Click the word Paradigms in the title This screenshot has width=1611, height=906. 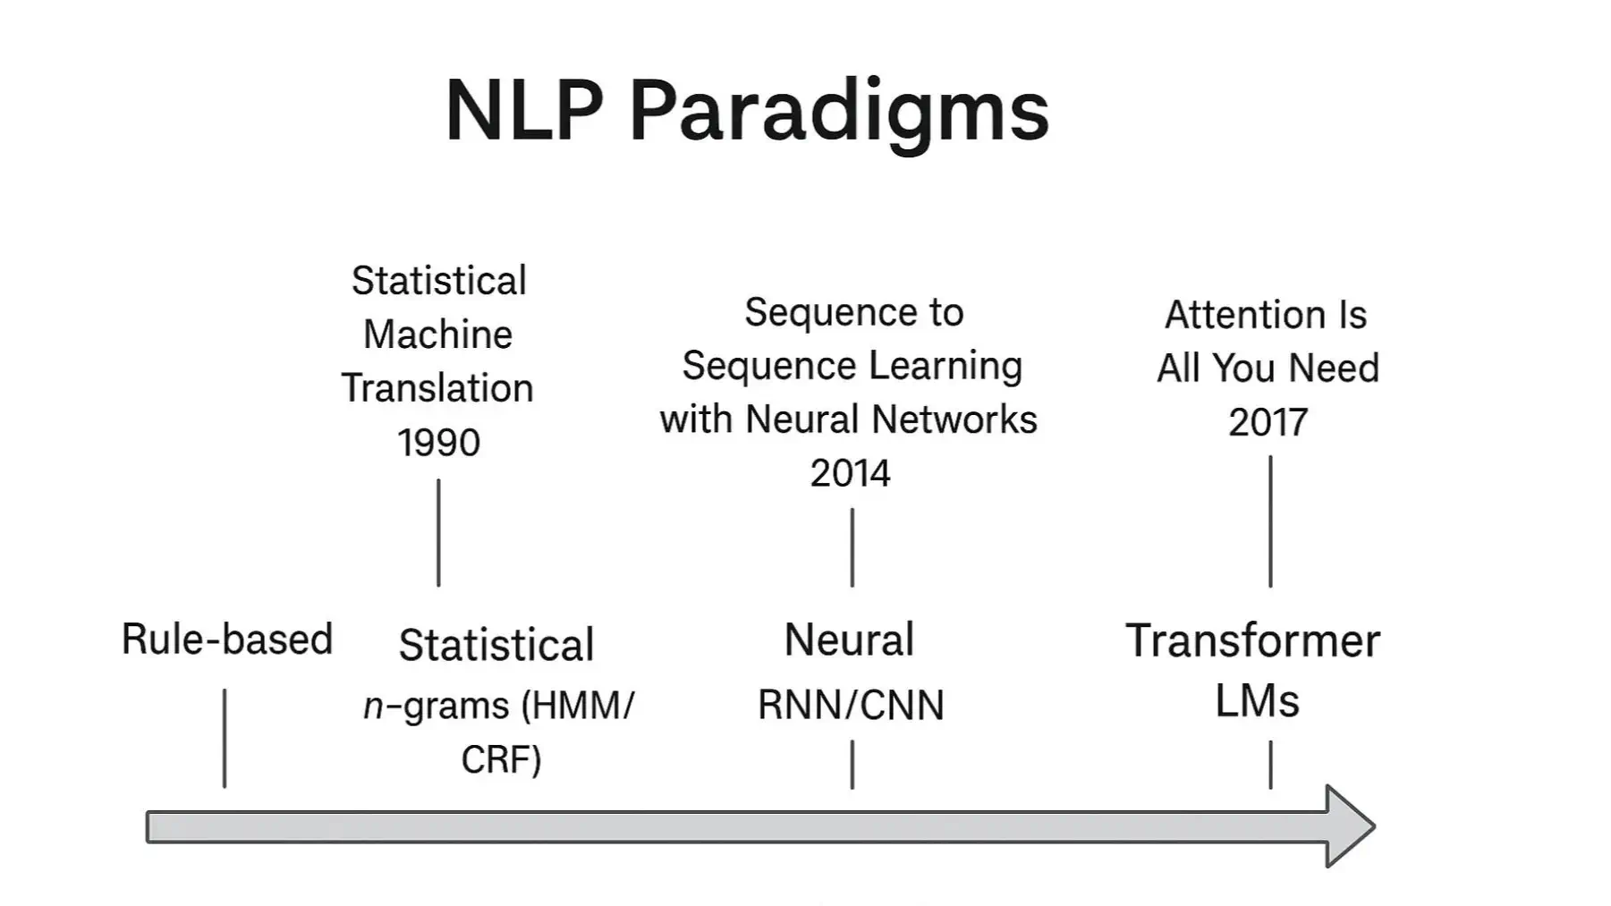838,112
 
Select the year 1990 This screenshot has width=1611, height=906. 438,443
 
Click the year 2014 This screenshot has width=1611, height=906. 850,473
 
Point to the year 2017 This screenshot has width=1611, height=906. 1268,422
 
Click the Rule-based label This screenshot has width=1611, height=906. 226,639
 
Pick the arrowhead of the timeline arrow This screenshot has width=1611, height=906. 1351,826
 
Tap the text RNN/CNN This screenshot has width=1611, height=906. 851,706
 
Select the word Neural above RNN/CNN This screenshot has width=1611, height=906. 849,640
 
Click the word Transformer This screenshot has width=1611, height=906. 1252,641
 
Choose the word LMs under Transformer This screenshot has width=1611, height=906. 1257,700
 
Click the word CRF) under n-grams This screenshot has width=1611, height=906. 501,759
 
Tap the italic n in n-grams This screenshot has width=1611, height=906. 373,707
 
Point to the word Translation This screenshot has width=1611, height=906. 437,388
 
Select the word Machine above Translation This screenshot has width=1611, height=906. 437,334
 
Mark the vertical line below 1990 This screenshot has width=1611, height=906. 438,533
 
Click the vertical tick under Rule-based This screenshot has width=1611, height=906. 225,738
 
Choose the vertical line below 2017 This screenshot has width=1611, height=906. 1270,521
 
